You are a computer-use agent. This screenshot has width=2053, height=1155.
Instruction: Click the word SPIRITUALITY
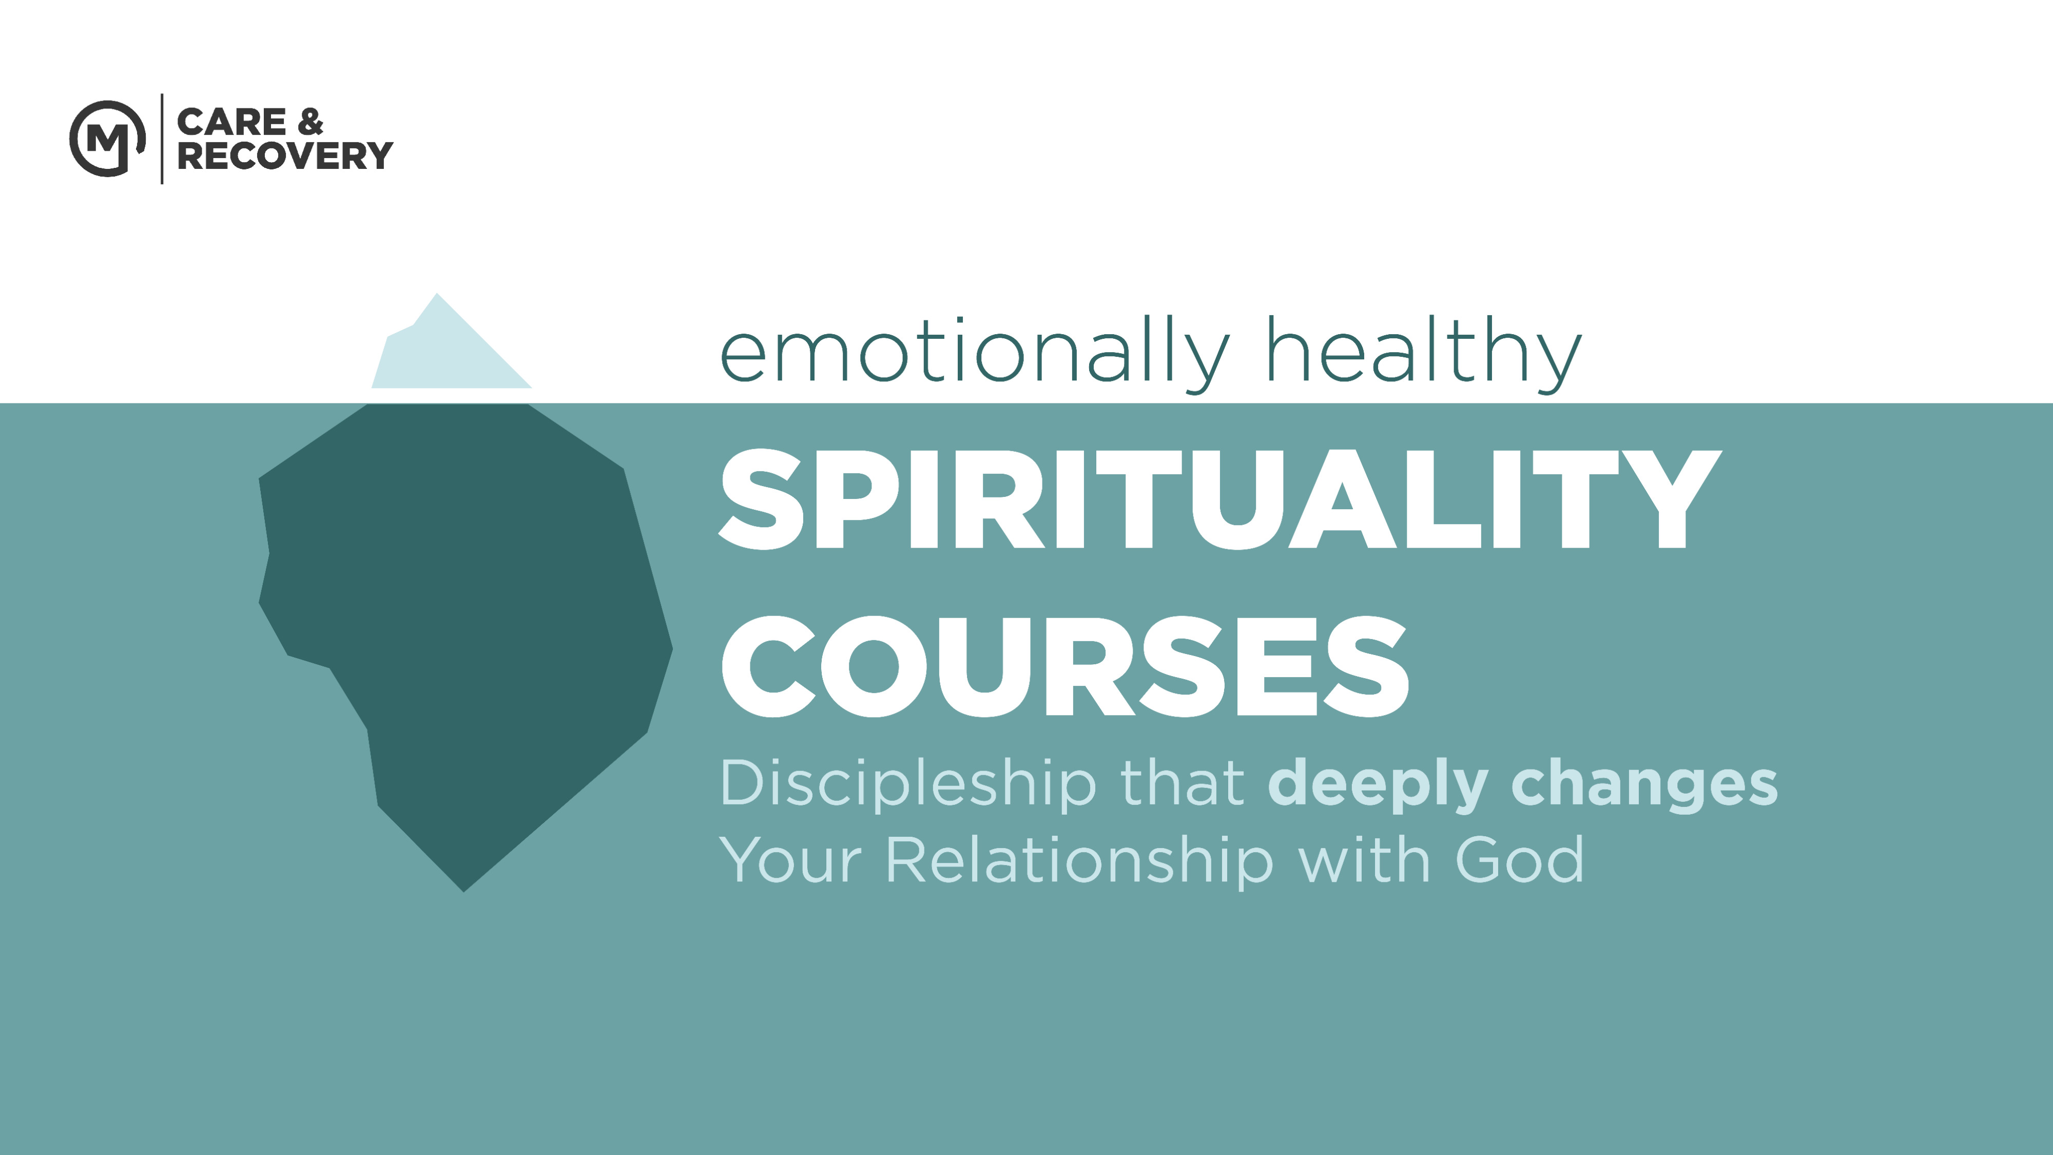[1220, 500]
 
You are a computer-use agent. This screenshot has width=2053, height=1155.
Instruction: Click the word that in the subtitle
[1183, 782]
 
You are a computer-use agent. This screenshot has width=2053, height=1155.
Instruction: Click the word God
[1519, 859]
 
